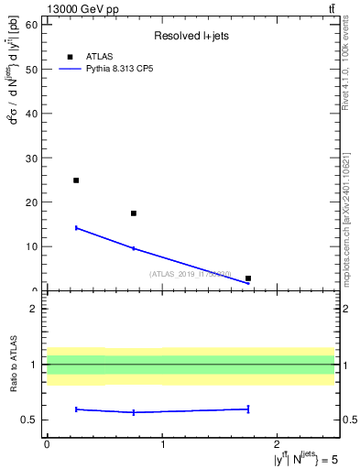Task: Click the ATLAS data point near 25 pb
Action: click(76, 180)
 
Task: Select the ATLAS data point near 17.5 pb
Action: click(134, 213)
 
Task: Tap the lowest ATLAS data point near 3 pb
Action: click(248, 278)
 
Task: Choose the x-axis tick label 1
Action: click(162, 444)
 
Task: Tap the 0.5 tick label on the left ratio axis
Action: click(30, 420)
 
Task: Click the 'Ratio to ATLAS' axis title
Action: click(14, 365)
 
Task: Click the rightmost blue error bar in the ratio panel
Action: click(248, 409)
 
